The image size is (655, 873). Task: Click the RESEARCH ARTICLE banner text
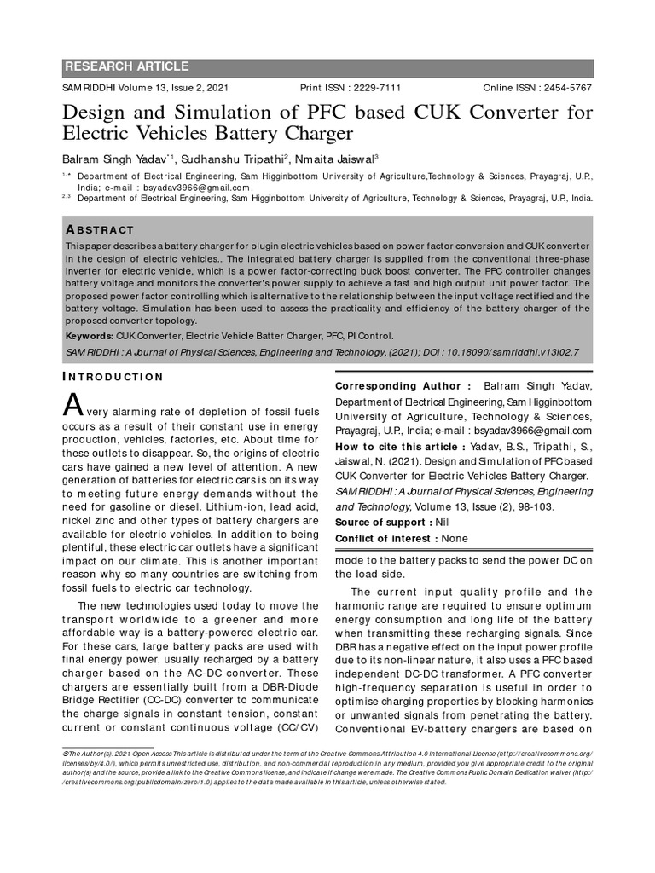click(x=127, y=67)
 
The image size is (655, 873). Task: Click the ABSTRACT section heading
click(x=100, y=230)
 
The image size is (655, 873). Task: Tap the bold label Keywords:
click(x=90, y=337)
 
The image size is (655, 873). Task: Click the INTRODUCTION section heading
click(x=113, y=377)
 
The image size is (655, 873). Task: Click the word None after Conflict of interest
click(x=455, y=538)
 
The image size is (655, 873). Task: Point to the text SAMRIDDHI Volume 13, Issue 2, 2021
click(x=146, y=88)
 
